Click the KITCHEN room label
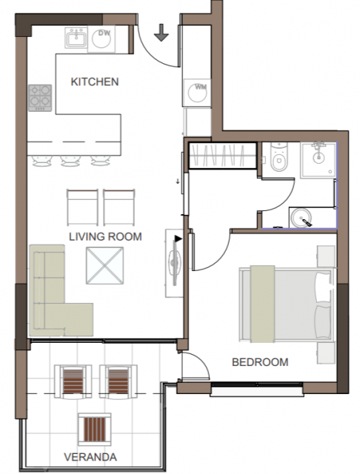click(95, 81)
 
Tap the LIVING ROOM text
click(105, 236)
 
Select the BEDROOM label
click(260, 362)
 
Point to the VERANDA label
click(90, 457)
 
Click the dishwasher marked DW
click(101, 39)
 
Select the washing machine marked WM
click(196, 93)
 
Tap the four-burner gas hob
click(40, 98)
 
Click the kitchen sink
click(76, 38)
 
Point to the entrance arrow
click(161, 33)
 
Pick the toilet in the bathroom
click(279, 157)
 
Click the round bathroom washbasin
click(301, 217)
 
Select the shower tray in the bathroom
click(318, 160)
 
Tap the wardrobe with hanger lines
click(222, 156)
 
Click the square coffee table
click(104, 265)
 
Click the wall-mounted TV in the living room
click(175, 262)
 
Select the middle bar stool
click(70, 161)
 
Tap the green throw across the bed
click(262, 304)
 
